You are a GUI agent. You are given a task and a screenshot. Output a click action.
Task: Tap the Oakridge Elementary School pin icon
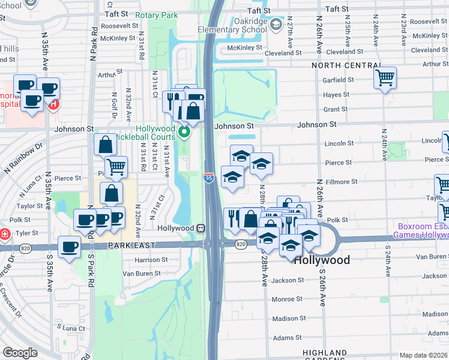(x=276, y=24)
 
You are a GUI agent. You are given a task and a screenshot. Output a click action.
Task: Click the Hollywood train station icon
(x=202, y=229)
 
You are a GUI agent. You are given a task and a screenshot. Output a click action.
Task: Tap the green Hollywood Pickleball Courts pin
(x=185, y=132)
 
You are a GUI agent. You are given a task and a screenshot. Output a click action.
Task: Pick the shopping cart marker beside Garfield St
(x=384, y=77)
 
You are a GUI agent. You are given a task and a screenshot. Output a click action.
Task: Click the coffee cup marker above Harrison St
(x=70, y=247)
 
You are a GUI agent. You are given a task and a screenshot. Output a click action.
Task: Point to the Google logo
(x=20, y=353)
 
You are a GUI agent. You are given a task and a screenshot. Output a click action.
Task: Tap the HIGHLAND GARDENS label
(x=325, y=356)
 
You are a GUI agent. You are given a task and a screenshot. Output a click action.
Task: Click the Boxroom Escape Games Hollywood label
(x=420, y=230)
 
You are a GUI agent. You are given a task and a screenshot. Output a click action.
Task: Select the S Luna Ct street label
(x=71, y=328)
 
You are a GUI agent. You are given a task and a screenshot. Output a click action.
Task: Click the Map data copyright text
(x=423, y=355)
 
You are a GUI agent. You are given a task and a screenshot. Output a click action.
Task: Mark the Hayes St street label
(x=336, y=95)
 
